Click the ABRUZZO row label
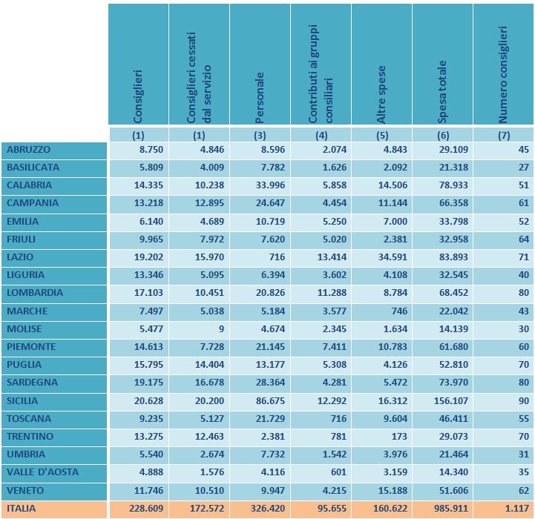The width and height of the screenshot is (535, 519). (28, 150)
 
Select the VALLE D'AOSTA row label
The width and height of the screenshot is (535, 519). (42, 472)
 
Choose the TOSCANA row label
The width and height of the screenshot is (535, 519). (28, 418)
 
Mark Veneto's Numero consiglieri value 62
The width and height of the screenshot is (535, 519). (522, 490)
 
